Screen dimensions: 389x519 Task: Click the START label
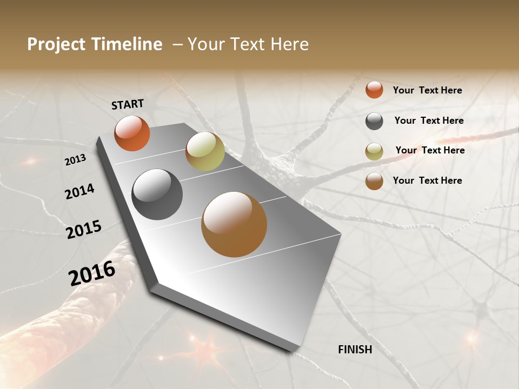128,104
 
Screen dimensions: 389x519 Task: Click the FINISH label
355,350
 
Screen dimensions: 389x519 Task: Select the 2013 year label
75,160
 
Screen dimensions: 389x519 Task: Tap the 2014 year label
79,192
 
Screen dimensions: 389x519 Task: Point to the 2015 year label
84,229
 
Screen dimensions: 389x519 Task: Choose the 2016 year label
92,273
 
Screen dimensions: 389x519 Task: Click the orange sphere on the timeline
132,133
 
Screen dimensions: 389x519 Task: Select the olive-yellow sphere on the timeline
205,151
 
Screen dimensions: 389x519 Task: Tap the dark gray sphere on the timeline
157,194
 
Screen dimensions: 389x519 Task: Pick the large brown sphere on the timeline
234,224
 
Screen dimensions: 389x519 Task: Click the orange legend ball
374,90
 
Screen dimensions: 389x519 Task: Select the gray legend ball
374,121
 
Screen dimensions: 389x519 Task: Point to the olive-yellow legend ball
374,151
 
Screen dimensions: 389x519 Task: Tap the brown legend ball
374,181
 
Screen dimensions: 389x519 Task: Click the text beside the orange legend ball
427,90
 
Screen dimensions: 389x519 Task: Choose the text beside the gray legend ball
429,120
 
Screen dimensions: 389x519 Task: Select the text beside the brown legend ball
427,180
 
